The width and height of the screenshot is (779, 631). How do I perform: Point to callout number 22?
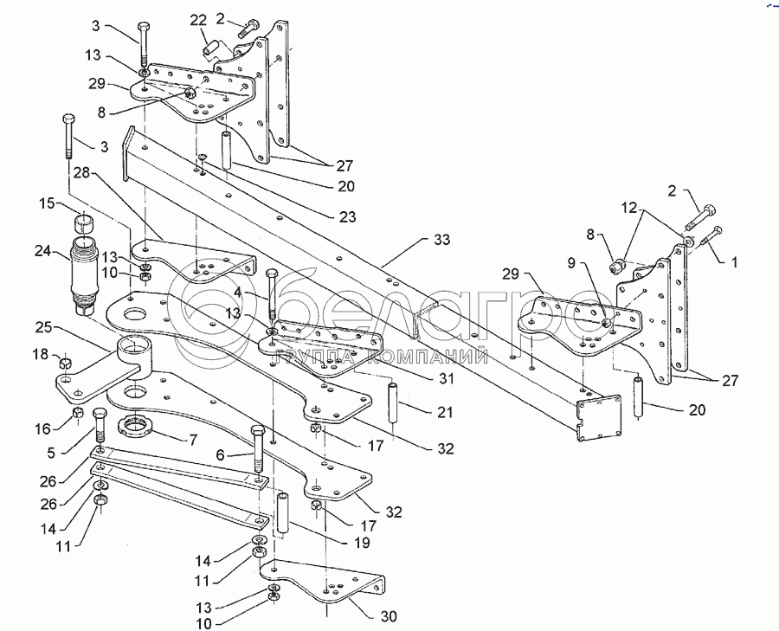tap(198, 19)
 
